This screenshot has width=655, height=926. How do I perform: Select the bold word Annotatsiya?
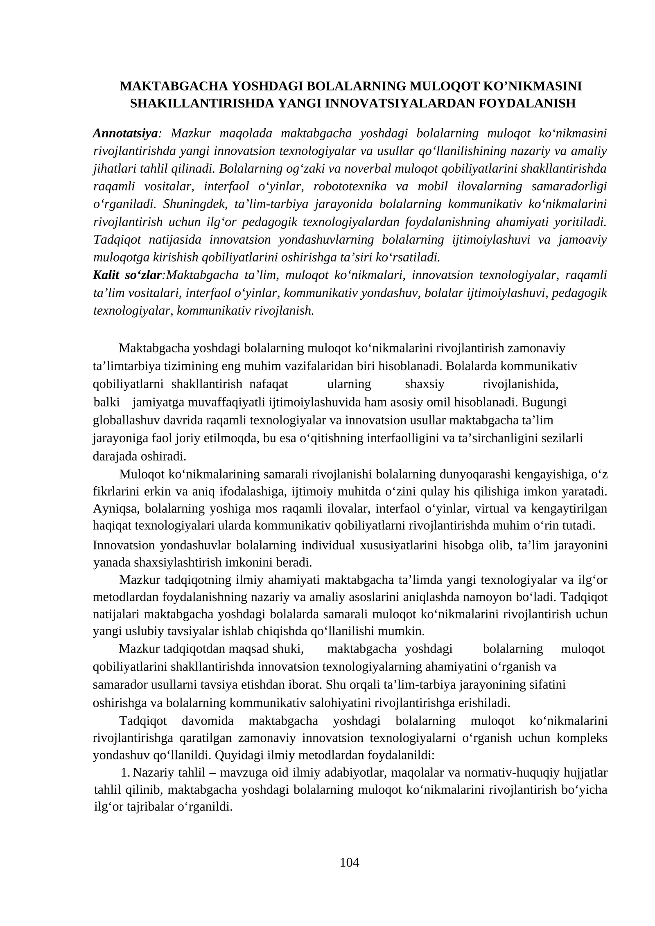(x=125, y=133)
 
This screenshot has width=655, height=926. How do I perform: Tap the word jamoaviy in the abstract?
(x=582, y=239)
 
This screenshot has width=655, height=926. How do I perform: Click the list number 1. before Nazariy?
(x=125, y=773)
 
